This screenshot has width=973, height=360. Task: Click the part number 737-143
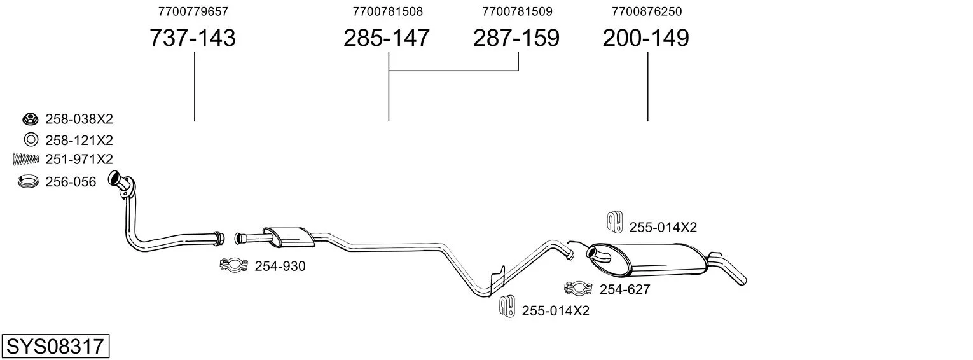pyautogui.click(x=193, y=38)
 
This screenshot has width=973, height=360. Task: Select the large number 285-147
pyautogui.click(x=387, y=38)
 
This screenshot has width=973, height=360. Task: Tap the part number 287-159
pyautogui.click(x=516, y=38)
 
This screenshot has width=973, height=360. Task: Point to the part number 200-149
pyautogui.click(x=645, y=38)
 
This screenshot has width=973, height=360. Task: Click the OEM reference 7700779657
pyautogui.click(x=193, y=11)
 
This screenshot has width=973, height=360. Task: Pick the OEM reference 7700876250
pyautogui.click(x=647, y=11)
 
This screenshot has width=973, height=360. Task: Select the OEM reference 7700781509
pyautogui.click(x=517, y=11)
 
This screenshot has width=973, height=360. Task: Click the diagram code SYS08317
pyautogui.click(x=55, y=347)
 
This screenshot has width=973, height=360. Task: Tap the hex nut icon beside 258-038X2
pyautogui.click(x=31, y=118)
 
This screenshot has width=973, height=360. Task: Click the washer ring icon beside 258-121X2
pyautogui.click(x=31, y=140)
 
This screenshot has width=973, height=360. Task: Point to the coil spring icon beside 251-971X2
pyautogui.click(x=26, y=159)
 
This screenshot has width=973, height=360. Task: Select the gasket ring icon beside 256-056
pyautogui.click(x=28, y=181)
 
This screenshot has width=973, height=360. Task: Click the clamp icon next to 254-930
pyautogui.click(x=233, y=265)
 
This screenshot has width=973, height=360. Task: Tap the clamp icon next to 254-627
pyautogui.click(x=578, y=288)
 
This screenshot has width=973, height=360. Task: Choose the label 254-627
pyautogui.click(x=625, y=289)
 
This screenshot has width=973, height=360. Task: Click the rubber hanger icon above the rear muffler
pyautogui.click(x=614, y=221)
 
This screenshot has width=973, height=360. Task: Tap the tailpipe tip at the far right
pyautogui.click(x=742, y=280)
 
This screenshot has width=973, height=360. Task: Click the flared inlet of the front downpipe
pyautogui.click(x=114, y=179)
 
